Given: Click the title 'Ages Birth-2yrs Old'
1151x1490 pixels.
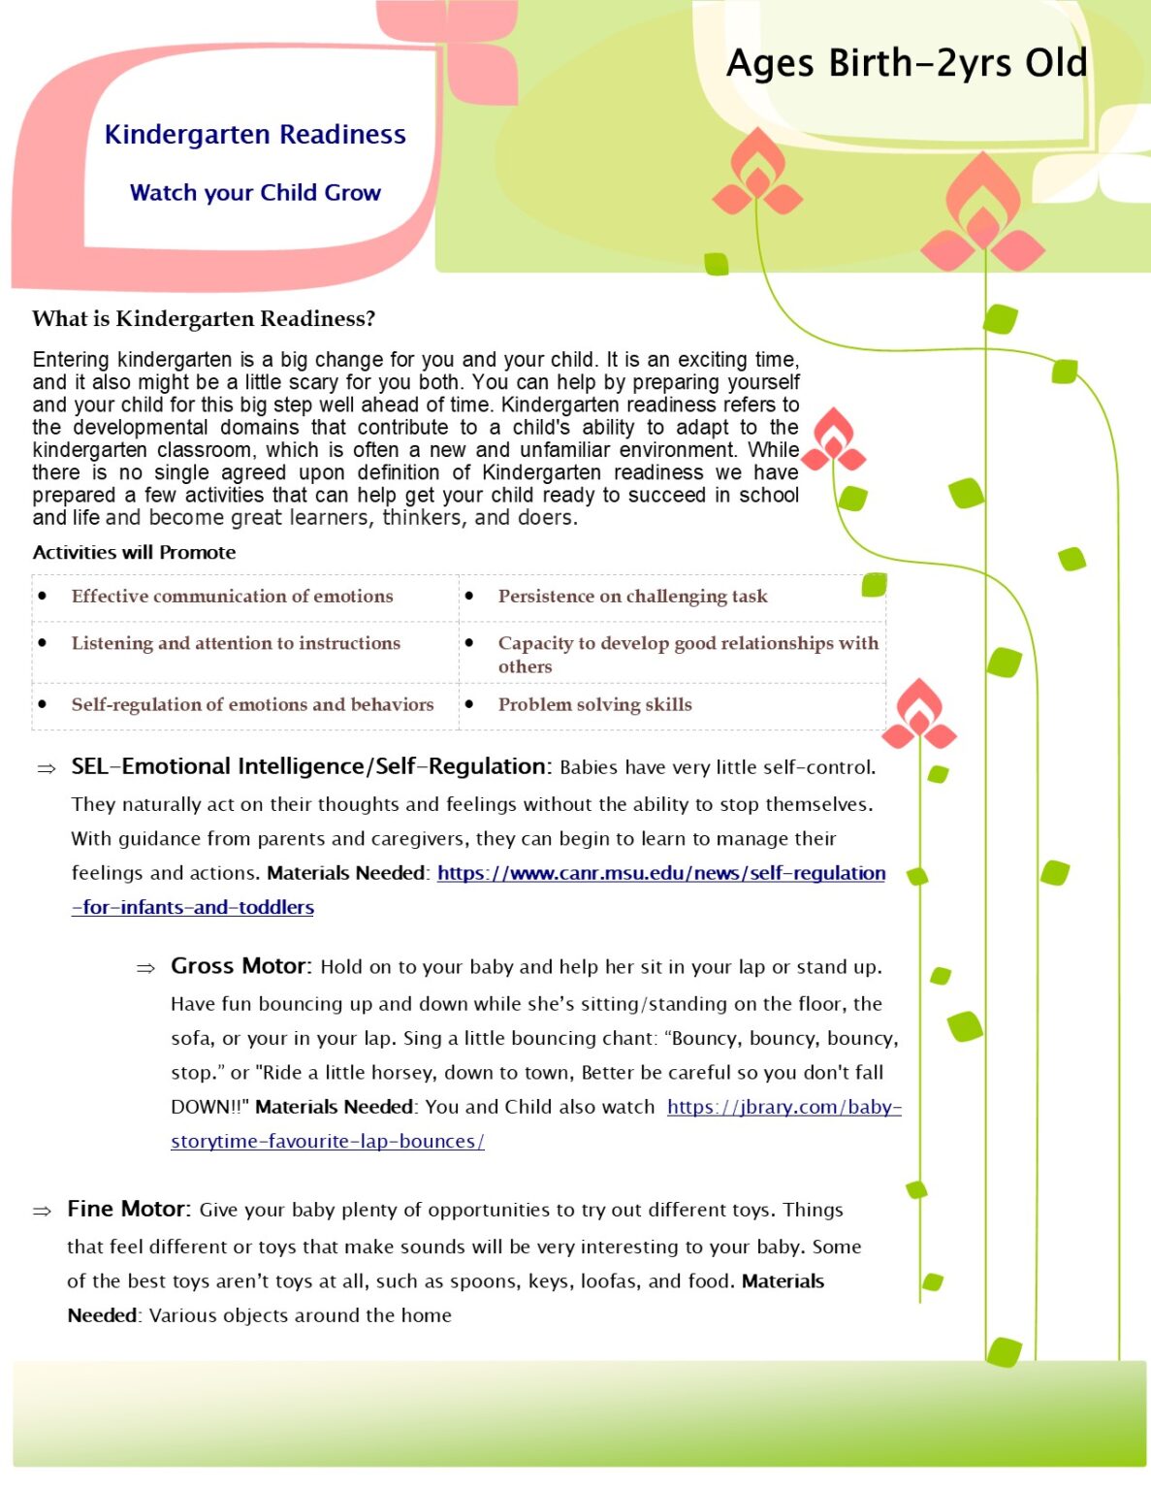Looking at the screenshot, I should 907,64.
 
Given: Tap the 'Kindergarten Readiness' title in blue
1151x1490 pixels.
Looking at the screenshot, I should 255,134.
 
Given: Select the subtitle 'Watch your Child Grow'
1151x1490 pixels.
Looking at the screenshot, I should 255,192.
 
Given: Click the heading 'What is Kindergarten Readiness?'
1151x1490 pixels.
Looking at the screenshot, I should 204,318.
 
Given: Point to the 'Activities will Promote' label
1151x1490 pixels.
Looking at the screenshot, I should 134,552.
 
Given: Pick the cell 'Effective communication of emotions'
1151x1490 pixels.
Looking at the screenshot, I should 232,596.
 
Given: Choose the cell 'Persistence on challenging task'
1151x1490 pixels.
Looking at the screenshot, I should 632,596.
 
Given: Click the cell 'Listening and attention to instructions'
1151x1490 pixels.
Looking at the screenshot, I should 236,642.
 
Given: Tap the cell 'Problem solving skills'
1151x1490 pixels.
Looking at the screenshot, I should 594,704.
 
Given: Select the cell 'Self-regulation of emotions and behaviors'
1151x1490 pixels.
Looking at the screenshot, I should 252,704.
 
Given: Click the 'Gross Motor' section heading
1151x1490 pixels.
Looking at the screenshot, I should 240,966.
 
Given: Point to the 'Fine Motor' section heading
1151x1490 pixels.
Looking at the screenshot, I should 128,1209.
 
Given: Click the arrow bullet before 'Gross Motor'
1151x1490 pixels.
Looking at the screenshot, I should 145,968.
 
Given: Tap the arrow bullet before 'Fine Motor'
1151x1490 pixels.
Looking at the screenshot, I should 42,1211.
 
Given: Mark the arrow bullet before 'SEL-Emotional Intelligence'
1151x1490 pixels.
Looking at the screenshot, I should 46,768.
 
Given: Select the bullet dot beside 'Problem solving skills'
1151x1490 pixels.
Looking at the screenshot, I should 469,704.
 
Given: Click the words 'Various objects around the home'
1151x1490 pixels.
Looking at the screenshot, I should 300,1315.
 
